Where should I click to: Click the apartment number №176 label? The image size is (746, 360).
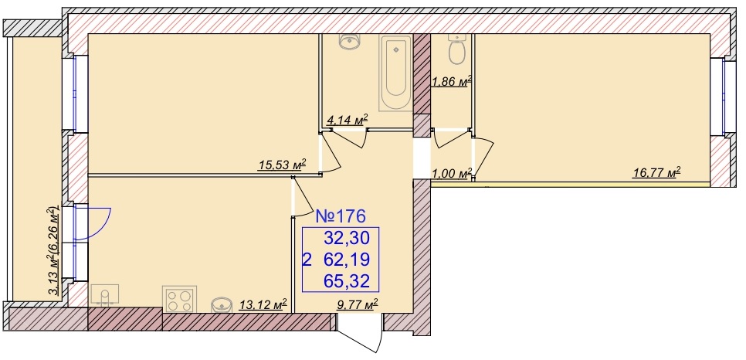tap(341, 216)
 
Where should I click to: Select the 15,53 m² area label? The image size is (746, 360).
tap(282, 165)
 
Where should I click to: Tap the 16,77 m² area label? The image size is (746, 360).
tap(656, 172)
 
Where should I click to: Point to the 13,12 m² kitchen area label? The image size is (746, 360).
tap(263, 304)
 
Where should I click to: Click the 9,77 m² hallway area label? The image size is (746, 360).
tap(358, 304)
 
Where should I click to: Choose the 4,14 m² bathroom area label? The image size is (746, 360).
tap(348, 121)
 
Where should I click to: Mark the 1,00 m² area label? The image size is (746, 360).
tap(452, 173)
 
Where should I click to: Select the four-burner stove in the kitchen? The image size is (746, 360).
tap(179, 299)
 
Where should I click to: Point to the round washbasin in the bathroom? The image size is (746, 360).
tap(351, 42)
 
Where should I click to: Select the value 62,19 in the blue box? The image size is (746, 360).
tap(346, 260)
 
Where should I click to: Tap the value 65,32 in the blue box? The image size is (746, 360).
tap(346, 281)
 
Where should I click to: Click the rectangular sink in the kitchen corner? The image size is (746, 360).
tap(104, 295)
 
